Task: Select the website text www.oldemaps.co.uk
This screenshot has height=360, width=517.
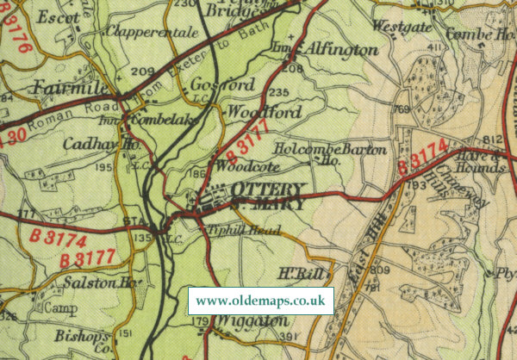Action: tap(260, 301)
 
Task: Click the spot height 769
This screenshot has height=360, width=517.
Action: tap(401, 110)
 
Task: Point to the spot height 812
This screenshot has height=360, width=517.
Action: tap(493, 140)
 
